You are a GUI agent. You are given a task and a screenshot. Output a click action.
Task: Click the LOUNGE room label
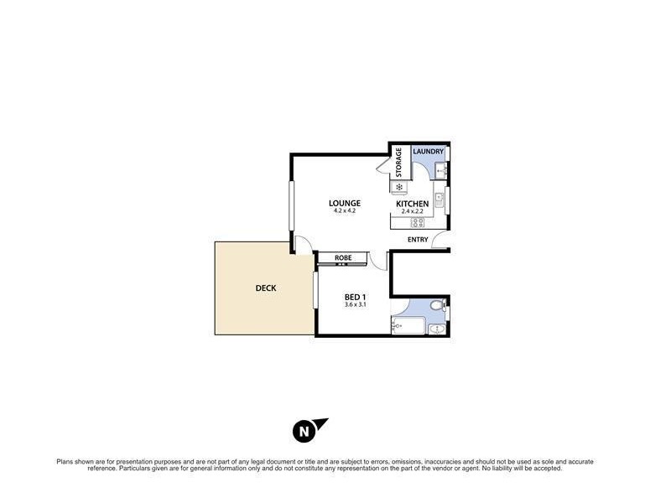[x=344, y=203]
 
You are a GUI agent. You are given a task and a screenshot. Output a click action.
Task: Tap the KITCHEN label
[x=413, y=204]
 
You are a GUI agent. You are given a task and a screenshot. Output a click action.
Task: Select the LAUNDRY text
[x=428, y=152]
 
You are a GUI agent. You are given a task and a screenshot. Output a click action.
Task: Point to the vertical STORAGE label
[x=399, y=163]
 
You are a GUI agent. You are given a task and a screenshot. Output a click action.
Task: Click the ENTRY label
[x=418, y=240]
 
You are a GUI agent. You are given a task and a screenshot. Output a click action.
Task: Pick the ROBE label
[x=342, y=257]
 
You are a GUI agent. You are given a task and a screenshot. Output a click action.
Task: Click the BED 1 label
[x=355, y=298]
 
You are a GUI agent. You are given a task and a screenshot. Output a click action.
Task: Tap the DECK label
[x=266, y=288]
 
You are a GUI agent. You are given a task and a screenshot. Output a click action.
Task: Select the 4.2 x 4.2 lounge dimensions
[x=344, y=211]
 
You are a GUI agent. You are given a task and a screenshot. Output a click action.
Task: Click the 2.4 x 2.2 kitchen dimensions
[x=413, y=212]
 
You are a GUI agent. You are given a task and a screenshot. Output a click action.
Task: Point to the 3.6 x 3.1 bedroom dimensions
[x=355, y=305]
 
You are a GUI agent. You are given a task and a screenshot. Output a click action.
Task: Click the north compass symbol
[x=303, y=432]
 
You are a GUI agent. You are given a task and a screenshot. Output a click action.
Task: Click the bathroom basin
[x=437, y=329]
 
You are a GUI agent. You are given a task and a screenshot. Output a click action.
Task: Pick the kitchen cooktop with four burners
[x=416, y=222]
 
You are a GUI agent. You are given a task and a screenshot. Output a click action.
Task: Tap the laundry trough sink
[x=444, y=171]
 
